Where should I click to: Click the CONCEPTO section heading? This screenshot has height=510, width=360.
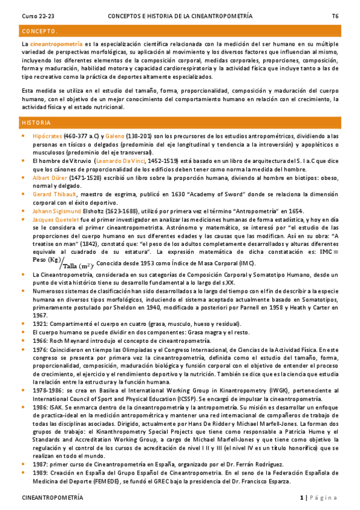pyautogui.click(x=40, y=31)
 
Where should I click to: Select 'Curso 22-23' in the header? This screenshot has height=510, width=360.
pyautogui.click(x=37, y=16)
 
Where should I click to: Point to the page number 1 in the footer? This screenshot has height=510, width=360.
pyautogui.click(x=302, y=498)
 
